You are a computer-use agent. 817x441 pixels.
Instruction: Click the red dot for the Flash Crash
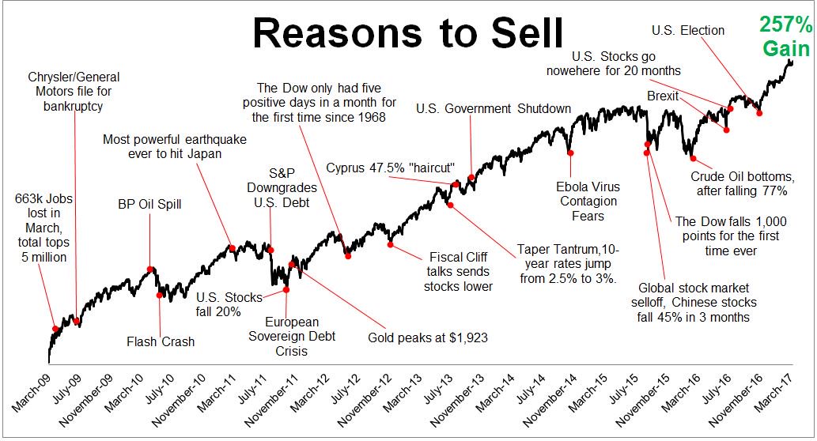tap(161, 296)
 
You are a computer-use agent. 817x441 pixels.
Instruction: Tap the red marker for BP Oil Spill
tap(150, 269)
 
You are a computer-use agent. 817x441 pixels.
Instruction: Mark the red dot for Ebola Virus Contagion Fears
tap(570, 152)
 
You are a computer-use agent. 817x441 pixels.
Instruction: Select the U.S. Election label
tap(688, 30)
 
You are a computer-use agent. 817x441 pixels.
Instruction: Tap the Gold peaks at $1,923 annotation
tap(428, 337)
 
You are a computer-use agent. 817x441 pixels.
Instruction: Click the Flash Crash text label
tap(161, 341)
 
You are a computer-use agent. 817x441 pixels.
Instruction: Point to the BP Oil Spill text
tap(149, 205)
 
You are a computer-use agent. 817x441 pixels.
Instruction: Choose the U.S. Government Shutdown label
tap(494, 108)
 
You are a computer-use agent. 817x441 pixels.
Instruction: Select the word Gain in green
tap(786, 50)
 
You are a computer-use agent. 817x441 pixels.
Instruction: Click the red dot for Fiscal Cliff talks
tap(391, 243)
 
